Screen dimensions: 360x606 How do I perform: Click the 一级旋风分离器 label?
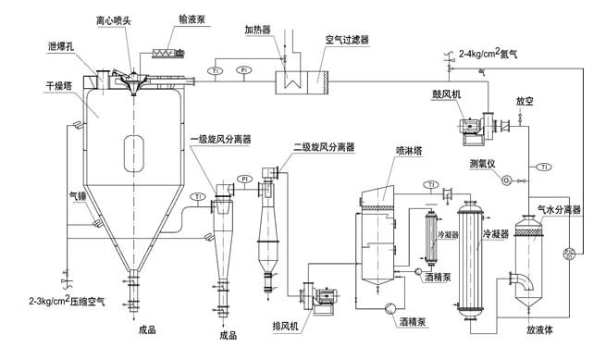coord(220,140)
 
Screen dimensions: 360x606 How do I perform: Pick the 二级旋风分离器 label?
coord(324,147)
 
